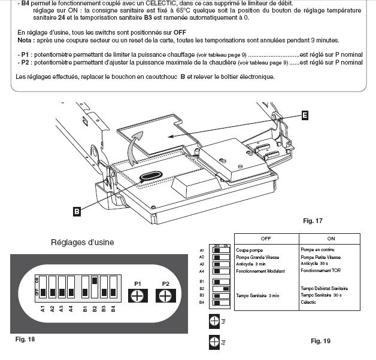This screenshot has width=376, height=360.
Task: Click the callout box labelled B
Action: point(77,210)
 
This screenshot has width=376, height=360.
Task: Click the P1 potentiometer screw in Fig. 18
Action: point(137,296)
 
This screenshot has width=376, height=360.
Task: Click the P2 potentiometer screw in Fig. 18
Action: point(166,296)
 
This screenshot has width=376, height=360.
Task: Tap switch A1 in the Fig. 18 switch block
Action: point(43,288)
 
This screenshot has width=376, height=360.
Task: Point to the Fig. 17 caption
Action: point(313,221)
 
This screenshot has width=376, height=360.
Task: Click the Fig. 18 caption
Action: point(25,340)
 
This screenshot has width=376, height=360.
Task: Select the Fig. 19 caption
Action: point(320,341)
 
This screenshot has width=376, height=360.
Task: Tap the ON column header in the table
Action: point(330,238)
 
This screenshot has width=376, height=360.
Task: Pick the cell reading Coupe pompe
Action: point(250,250)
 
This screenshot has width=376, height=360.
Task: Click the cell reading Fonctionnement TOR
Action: point(320,271)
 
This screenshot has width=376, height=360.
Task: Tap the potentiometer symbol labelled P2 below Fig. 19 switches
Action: point(214,343)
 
